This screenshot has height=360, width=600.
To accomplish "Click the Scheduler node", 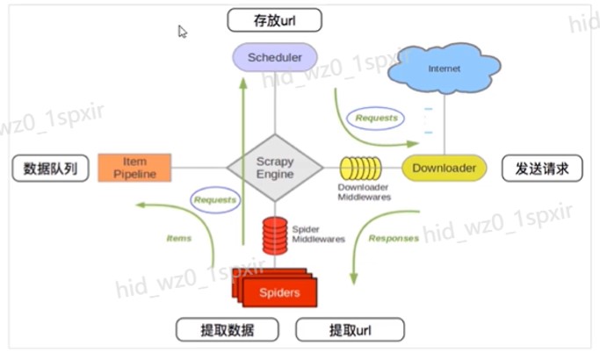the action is point(275,57).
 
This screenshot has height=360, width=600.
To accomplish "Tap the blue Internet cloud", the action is point(444,68).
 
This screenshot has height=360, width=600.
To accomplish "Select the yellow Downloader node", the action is point(444,168).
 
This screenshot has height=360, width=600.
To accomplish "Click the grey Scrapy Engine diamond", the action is point(275,168).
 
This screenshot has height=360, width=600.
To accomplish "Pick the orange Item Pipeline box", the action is point(134,168).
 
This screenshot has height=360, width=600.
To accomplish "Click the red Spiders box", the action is point(276,289).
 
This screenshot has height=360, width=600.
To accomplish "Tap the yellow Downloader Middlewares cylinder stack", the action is point(360,168).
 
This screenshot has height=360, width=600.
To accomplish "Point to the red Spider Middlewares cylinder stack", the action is point(275,235).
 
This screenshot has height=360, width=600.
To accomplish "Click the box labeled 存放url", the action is point(274,20).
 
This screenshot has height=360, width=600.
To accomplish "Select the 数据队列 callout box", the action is point(50,169).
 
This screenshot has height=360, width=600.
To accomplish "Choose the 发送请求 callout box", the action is point(542,169).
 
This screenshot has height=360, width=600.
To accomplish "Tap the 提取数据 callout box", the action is point(228,330).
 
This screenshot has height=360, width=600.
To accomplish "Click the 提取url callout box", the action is point(351,330).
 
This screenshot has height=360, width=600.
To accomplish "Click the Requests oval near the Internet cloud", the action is point(375,119).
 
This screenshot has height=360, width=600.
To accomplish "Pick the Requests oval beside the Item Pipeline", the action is point(215,199).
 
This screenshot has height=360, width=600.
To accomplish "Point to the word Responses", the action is point(394,238).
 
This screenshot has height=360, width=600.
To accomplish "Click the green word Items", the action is point(179,238).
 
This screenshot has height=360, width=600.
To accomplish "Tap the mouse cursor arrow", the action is point(182,32).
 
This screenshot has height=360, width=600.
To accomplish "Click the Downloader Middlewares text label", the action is point(364,192).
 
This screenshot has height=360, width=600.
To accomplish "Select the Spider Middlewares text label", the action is point(318,234).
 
